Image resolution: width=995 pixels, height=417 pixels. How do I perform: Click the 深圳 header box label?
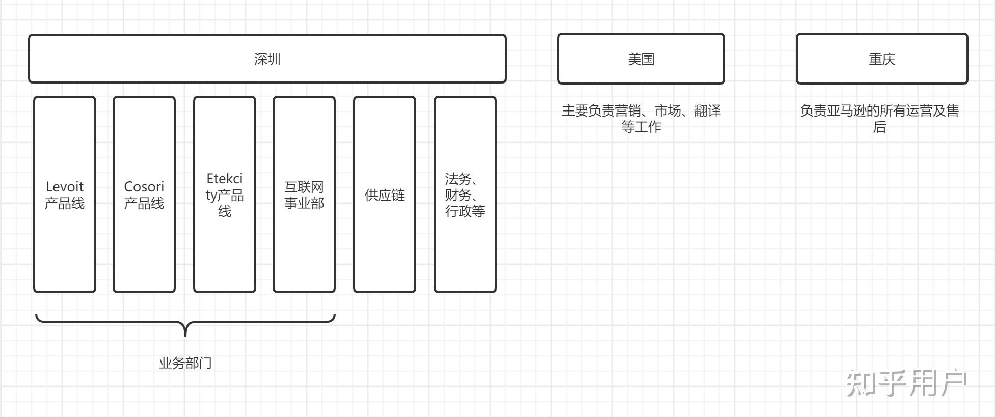click(x=267, y=59)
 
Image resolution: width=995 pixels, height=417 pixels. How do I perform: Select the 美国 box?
click(x=641, y=59)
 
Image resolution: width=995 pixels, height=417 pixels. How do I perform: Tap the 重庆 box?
click(x=881, y=59)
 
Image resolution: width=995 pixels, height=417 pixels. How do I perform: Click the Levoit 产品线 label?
click(x=65, y=195)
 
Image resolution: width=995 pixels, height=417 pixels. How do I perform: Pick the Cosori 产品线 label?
click(x=144, y=195)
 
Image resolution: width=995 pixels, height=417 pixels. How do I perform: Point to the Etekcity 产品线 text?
click(x=224, y=195)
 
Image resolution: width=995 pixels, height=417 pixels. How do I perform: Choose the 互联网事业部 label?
click(x=304, y=195)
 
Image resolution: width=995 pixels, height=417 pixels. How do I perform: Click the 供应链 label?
click(x=384, y=195)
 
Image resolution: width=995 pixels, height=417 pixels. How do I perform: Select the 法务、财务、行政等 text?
click(x=465, y=195)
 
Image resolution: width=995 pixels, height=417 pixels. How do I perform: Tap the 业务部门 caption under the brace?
click(x=185, y=363)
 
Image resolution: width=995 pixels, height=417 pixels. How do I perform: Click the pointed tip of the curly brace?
click(x=185, y=335)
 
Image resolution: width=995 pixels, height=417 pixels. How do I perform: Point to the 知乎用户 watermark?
click(x=906, y=384)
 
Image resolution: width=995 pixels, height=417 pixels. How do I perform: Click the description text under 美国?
click(x=641, y=119)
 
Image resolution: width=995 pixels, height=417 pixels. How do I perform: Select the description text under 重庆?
click(x=879, y=119)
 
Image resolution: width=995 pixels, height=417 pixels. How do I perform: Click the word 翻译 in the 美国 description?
click(x=708, y=111)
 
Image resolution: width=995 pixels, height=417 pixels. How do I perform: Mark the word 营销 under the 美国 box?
click(x=628, y=111)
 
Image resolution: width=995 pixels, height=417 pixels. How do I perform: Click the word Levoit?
click(x=65, y=187)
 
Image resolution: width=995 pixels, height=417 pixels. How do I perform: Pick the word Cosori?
click(x=144, y=187)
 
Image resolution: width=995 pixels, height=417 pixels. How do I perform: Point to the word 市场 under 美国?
click(x=667, y=111)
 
